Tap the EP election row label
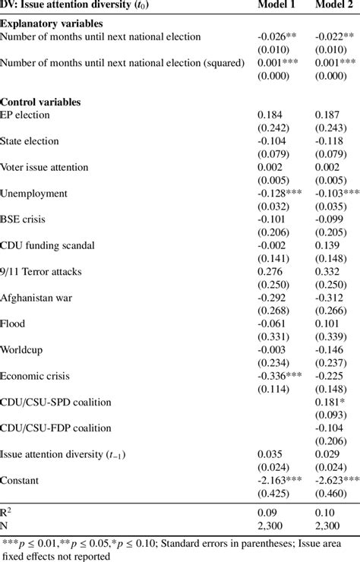click(26, 115)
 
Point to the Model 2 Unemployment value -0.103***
click(336, 194)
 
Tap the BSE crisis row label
click(25, 219)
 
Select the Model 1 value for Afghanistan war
click(273, 298)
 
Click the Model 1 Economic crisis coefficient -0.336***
click(280, 376)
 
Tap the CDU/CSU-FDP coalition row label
click(55, 428)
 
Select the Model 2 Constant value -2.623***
click(338, 481)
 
